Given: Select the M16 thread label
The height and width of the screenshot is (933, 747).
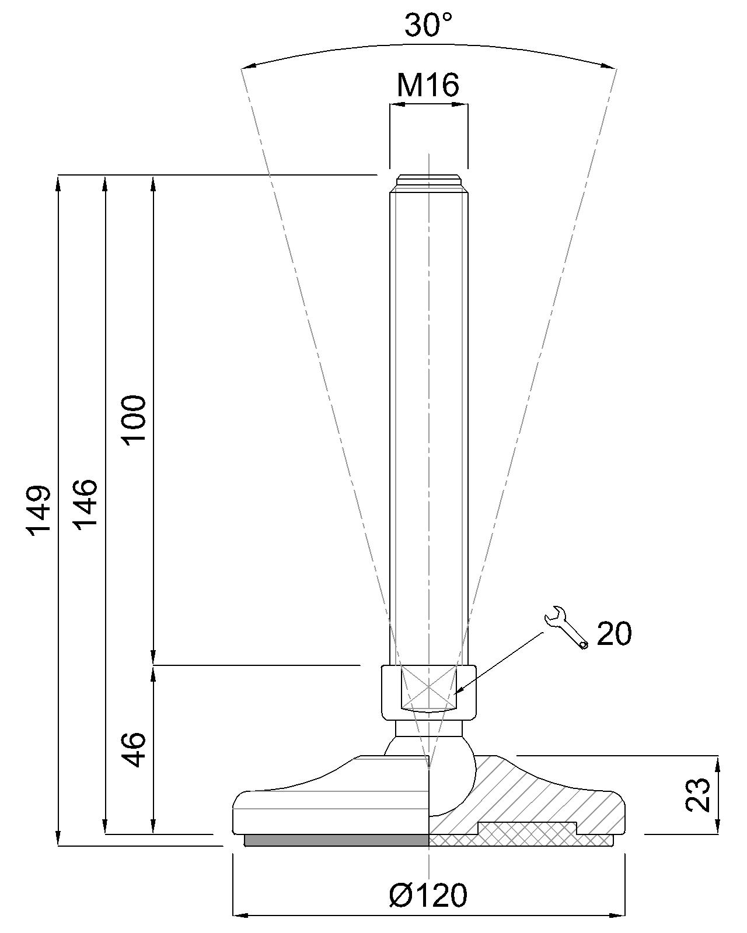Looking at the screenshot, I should tap(428, 85).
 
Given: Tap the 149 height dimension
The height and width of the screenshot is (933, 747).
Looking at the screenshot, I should tap(40, 508).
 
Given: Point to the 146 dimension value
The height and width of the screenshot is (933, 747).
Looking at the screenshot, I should tap(86, 504).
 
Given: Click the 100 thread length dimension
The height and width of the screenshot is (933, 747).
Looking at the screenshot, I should tap(134, 419).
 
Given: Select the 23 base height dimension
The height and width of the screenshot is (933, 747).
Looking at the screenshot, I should tap(698, 794).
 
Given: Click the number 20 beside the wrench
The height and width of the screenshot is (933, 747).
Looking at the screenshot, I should tap(615, 633).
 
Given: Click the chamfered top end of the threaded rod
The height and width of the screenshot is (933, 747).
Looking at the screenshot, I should tap(428, 180).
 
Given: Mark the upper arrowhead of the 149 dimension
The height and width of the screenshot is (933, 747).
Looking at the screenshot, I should tap(58, 181).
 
